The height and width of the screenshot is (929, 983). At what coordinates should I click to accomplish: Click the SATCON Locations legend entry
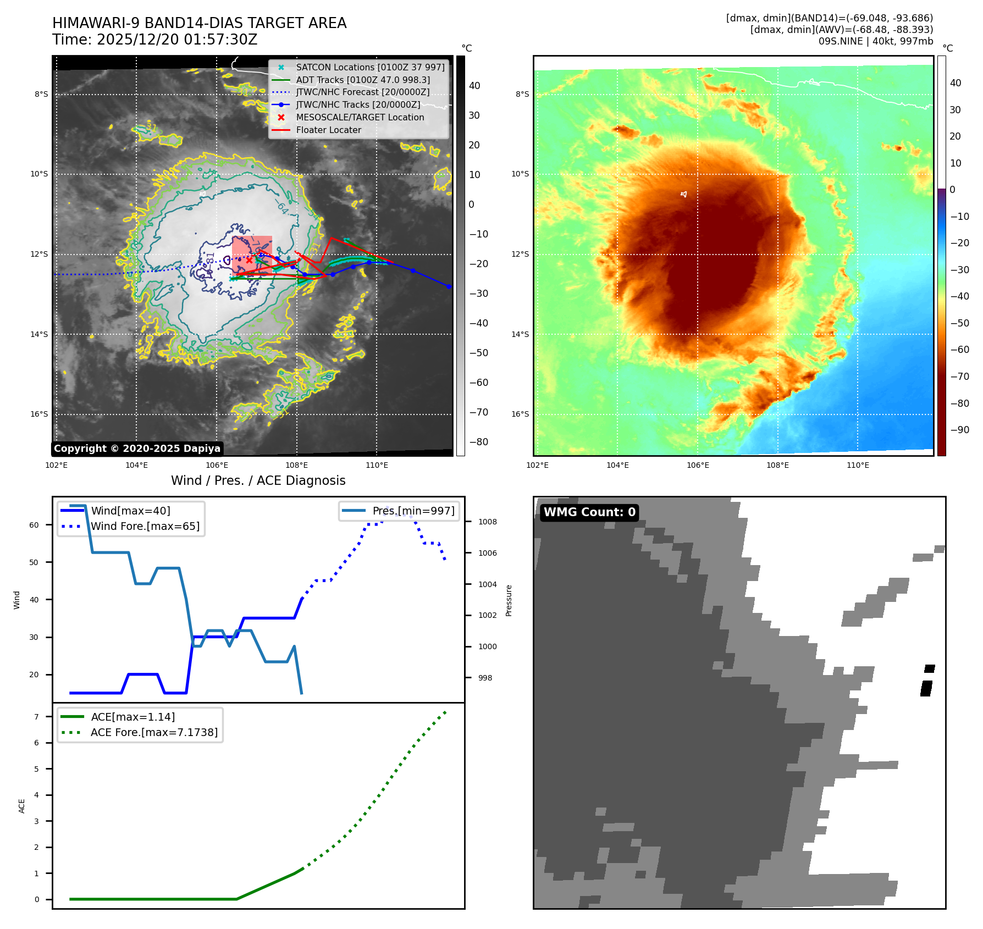(370, 67)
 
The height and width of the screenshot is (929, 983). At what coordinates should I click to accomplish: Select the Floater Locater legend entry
(328, 130)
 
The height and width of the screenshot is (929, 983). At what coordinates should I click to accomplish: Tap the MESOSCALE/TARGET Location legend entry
(360, 118)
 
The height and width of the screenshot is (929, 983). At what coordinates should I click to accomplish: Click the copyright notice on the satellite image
(137, 449)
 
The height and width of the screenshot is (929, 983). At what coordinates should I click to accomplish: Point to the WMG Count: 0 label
(589, 512)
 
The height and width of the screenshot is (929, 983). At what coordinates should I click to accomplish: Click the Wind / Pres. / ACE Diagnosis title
(258, 480)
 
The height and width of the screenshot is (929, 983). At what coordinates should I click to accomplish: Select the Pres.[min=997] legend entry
(413, 511)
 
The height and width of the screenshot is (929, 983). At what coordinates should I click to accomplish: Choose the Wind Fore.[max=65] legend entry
(145, 526)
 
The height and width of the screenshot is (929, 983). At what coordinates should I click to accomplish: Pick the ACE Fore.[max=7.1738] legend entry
(154, 732)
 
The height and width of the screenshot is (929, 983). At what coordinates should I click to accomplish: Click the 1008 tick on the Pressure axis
(487, 522)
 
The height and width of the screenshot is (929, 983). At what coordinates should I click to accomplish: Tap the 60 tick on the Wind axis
(34, 525)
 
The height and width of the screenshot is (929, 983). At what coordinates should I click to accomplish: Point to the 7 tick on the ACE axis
(37, 717)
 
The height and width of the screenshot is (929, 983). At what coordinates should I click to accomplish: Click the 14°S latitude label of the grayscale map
(39, 334)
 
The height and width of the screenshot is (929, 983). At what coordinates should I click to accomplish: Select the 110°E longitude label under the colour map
(858, 465)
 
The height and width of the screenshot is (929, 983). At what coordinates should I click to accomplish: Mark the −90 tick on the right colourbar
(960, 430)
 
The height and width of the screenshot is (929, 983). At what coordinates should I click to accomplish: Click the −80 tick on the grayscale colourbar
(478, 442)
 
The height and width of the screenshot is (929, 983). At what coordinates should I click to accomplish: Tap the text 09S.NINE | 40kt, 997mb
(875, 41)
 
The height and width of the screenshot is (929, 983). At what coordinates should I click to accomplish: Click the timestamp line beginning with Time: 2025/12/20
(154, 40)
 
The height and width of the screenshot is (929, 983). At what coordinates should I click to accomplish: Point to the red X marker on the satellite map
(249, 260)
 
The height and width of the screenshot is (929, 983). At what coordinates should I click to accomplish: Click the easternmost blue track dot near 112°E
(449, 286)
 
